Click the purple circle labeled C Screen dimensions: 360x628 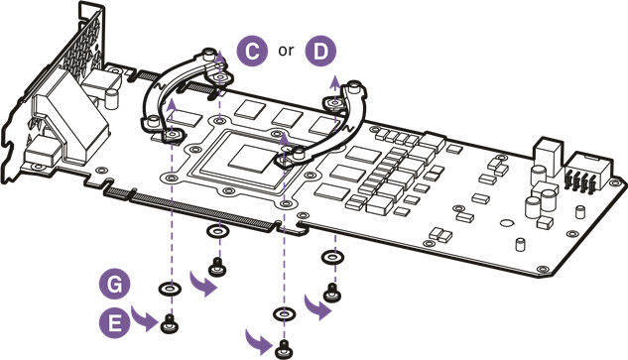point(253,51)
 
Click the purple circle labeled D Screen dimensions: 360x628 point(318,51)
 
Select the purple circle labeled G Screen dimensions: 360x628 point(116,285)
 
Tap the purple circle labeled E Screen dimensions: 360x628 point(116,321)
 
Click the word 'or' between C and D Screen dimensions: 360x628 point(286,52)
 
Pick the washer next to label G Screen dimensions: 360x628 point(170,289)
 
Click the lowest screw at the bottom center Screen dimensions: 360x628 point(285,346)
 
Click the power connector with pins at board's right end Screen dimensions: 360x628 point(584,180)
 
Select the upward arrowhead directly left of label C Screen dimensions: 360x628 point(219,57)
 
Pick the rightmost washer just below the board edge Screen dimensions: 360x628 point(330,258)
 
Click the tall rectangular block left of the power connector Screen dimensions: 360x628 point(548,158)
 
